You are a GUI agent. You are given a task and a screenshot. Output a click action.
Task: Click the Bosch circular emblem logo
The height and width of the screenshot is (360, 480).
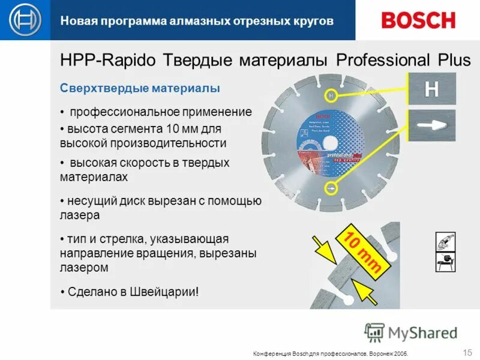tap(26, 20)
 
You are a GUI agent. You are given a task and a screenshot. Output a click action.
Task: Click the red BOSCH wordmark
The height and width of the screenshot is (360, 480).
tap(418, 20)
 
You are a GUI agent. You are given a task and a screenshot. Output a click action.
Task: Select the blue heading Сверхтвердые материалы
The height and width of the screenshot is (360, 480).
tap(140, 89)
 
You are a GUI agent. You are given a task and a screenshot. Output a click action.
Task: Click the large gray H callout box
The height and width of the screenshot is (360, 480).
tap(432, 89)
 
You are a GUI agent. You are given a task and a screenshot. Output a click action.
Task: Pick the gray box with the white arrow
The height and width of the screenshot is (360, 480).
tap(432, 125)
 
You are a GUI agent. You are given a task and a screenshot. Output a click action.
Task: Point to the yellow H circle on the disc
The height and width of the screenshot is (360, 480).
tap(331, 95)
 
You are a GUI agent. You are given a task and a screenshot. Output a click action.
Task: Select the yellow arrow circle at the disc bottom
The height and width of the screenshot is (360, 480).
tap(330, 188)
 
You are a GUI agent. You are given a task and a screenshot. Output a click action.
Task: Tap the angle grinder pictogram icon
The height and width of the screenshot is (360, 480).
tap(446, 242)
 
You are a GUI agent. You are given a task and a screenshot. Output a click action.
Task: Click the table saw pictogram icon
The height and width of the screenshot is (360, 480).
tap(446, 260)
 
